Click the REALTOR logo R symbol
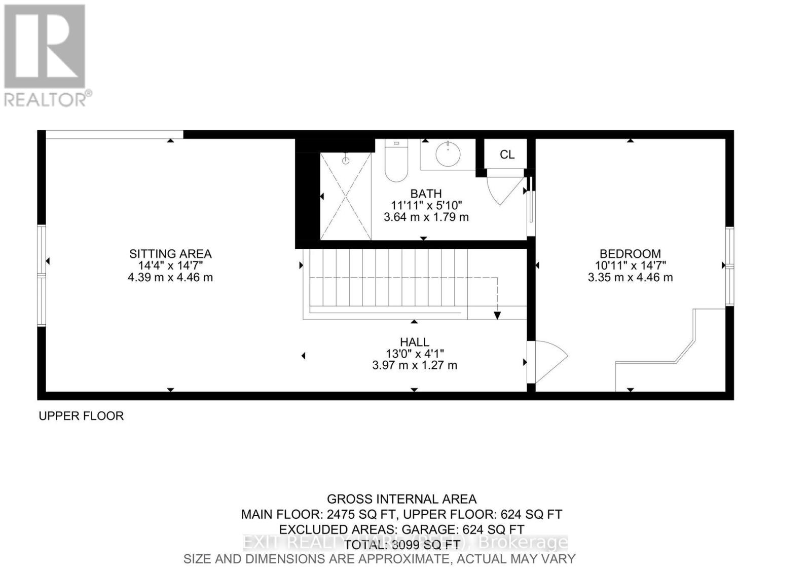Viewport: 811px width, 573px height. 44,47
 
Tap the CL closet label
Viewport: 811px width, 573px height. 507,155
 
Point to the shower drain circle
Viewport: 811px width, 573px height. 346,161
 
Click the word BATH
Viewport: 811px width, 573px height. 426,194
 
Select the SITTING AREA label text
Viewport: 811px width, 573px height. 170,254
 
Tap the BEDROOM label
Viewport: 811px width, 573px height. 630,254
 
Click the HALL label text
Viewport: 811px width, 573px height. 415,342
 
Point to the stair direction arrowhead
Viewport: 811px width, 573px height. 497,316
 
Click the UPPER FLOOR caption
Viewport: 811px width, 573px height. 81,416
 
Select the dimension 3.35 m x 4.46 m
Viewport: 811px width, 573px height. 630,278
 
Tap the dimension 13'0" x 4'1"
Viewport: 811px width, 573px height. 415,354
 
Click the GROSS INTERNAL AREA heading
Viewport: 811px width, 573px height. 401,499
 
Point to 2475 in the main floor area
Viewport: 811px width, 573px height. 341,514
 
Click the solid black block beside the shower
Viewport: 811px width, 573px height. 307,198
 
